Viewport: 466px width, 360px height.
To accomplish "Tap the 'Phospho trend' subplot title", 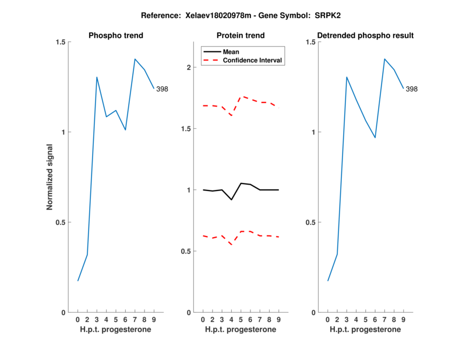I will [115, 36].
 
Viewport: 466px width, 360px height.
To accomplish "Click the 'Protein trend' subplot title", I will [241, 36].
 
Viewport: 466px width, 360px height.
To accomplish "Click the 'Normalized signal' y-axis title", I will [50, 177].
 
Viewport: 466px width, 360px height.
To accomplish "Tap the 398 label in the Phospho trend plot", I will [162, 89].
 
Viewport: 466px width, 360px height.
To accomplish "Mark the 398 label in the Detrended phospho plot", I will [411, 89].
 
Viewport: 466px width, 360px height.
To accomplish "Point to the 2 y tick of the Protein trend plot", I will [188, 67].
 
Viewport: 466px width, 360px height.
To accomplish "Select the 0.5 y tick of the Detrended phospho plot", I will [311, 223].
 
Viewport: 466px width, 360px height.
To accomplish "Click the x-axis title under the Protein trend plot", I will [241, 330].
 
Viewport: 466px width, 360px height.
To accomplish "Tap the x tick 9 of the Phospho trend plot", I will [154, 319].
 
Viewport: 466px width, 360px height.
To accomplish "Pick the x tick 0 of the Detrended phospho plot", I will [328, 319].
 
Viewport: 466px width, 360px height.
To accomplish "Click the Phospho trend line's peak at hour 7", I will [135, 59].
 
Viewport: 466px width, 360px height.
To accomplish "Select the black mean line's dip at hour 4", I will [232, 200].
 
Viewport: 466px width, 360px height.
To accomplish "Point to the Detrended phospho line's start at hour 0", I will [328, 281].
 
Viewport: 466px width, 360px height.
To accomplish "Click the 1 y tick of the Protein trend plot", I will [188, 190].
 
